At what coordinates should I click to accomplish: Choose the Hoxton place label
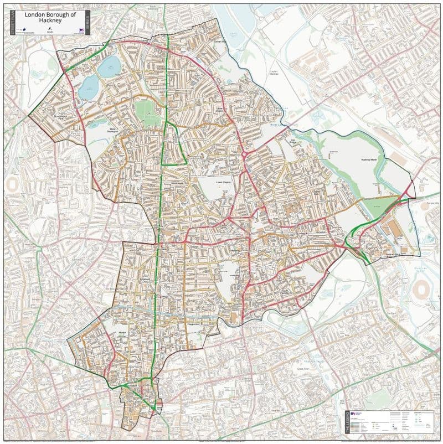[123, 332]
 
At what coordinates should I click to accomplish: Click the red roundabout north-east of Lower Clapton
[244, 156]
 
